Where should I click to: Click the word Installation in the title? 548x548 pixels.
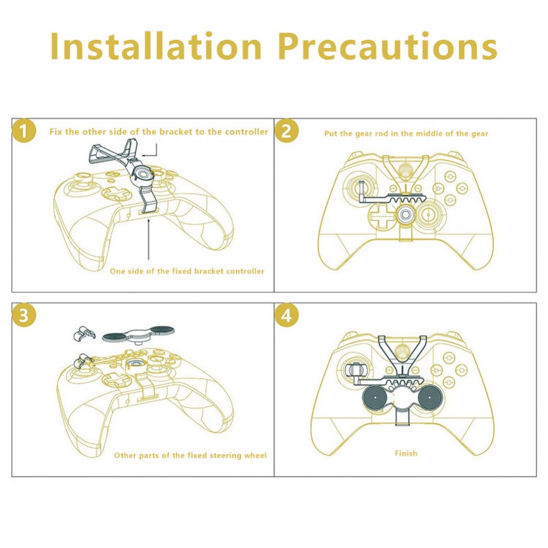[x=156, y=46]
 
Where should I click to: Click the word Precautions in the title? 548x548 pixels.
[x=387, y=46]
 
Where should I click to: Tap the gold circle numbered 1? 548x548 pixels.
[x=24, y=131]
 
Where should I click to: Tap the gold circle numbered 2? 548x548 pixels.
[x=287, y=131]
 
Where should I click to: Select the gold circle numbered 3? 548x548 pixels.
[x=24, y=315]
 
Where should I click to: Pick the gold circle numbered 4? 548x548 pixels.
[x=287, y=315]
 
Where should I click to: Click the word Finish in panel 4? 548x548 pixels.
[x=406, y=453]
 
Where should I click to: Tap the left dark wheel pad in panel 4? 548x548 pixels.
[x=375, y=398]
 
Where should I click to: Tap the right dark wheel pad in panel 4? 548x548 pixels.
[x=429, y=398]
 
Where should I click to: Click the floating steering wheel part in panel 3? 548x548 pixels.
[x=139, y=335]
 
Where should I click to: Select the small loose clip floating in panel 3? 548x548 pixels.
[x=83, y=333]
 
